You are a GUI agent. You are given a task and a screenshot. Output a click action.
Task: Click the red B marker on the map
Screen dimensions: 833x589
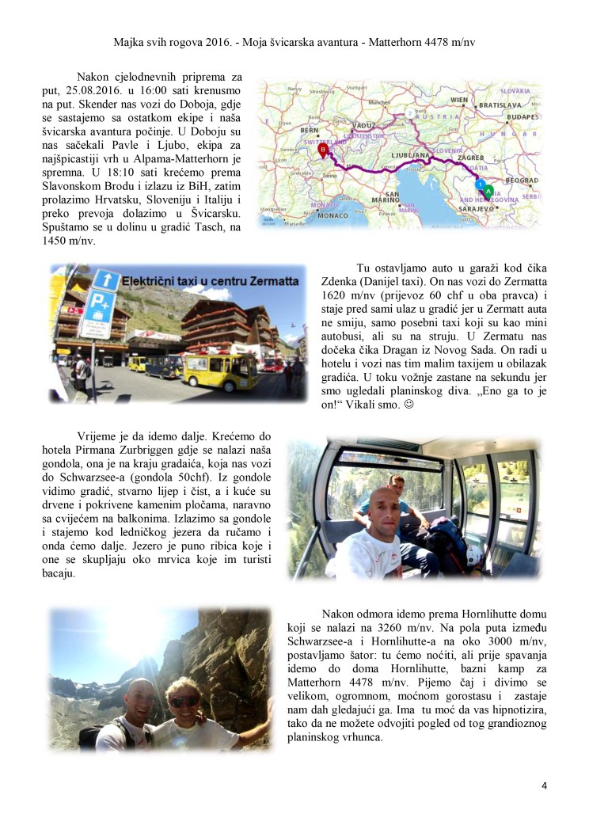322,149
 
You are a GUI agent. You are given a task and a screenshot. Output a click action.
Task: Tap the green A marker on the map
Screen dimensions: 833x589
488,190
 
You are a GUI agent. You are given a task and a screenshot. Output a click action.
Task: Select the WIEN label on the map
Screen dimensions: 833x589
459,100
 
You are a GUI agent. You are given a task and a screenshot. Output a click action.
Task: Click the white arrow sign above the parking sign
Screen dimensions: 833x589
105,280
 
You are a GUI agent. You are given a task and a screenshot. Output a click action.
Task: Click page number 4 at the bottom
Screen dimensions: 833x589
544,785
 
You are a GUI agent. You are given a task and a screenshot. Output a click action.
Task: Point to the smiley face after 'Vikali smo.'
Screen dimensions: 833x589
408,405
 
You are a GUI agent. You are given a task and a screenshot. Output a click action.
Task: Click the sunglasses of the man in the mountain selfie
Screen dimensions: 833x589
185,702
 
